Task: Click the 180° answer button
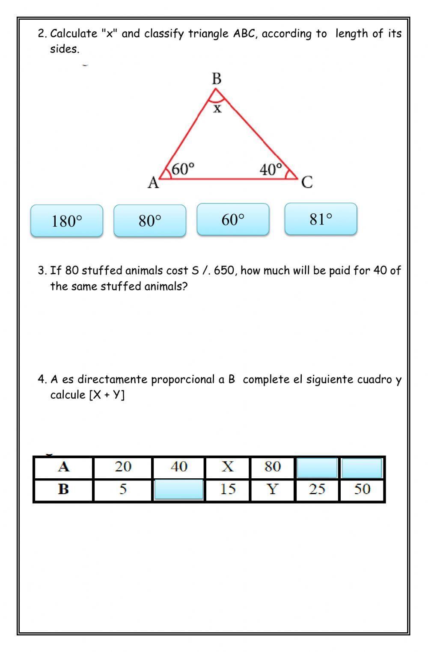(67, 221)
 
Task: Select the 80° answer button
(150, 221)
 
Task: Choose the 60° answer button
(233, 219)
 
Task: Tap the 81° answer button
(321, 219)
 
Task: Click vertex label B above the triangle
(217, 79)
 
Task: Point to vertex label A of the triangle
(153, 183)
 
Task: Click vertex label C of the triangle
(307, 182)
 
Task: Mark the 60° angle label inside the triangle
(183, 169)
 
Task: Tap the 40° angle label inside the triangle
(271, 170)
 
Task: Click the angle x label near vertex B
(217, 109)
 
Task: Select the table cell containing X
(228, 467)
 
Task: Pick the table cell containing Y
(273, 489)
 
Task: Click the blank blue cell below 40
(178, 489)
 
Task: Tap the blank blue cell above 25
(317, 468)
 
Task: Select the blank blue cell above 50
(362, 468)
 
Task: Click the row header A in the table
(63, 467)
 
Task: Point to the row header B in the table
(63, 489)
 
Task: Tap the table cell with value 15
(228, 489)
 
